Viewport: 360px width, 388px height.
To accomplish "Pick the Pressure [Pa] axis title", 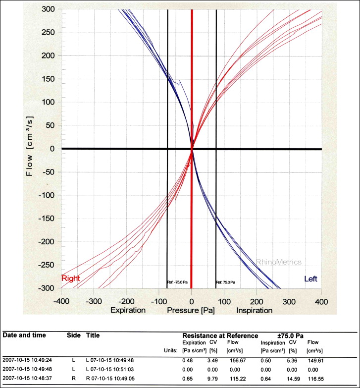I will coord(192,310).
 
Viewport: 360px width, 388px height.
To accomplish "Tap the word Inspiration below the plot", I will coord(254,310).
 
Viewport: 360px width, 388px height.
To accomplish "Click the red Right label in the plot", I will coord(70,278).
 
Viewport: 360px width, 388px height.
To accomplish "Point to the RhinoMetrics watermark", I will coord(278,262).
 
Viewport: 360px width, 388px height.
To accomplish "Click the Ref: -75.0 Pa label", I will coord(176,282).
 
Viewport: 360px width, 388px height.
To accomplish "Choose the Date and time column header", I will coord(24,335).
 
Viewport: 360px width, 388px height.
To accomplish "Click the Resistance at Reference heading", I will coord(220,335).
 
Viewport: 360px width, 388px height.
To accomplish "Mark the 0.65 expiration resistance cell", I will coord(187,379).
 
